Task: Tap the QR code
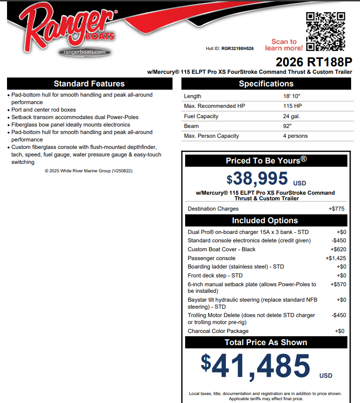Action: point(326,31)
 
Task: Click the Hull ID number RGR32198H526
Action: point(238,48)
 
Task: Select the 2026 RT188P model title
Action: point(313,62)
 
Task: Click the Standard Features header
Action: point(89,84)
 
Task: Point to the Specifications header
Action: point(266,84)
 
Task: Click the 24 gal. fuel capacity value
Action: point(291,116)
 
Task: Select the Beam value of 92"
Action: point(288,126)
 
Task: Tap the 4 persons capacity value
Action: point(295,136)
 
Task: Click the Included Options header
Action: point(265,220)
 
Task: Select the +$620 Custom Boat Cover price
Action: point(338,249)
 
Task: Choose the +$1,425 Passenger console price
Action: point(336,258)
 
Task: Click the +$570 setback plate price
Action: point(338,284)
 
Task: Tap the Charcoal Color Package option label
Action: point(218,331)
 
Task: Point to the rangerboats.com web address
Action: point(85,52)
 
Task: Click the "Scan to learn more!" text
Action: point(284,45)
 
